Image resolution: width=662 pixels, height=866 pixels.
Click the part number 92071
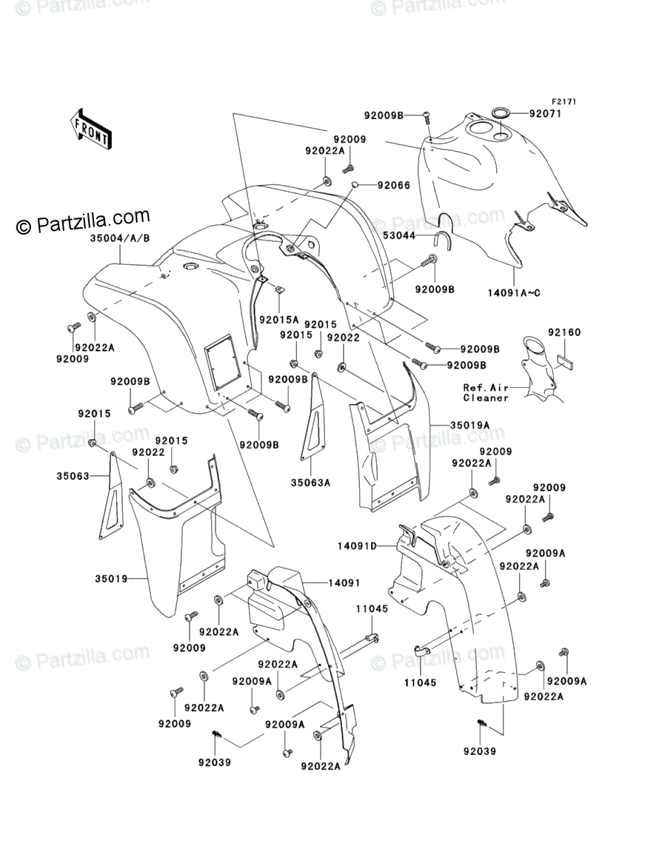[x=546, y=115]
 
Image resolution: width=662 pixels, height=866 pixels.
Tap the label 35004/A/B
[x=119, y=238]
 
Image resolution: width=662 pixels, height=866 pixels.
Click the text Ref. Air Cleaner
[x=487, y=392]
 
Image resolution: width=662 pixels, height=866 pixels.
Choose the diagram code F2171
[x=563, y=102]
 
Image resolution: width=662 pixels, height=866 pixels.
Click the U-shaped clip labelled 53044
[x=442, y=240]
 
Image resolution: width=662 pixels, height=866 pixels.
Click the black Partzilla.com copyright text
[x=83, y=222]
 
